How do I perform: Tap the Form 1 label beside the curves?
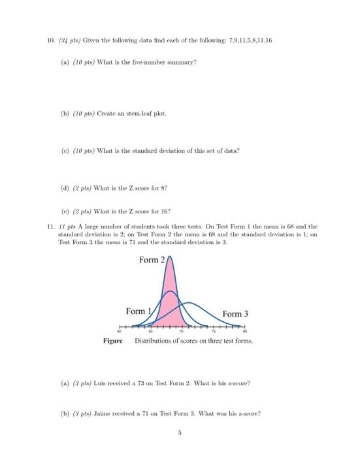[136, 311]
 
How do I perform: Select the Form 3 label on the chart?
[235, 314]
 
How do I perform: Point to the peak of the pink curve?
[170, 257]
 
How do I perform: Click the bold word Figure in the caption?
[112, 341]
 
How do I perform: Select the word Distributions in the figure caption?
[154, 341]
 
